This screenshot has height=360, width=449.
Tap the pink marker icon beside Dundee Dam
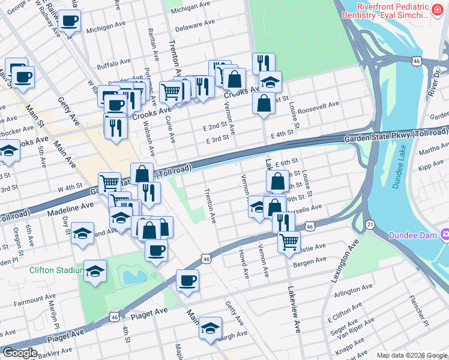tap(445, 233)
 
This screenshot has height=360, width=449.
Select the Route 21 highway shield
tap(370, 224)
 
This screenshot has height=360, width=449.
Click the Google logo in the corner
tap(20, 353)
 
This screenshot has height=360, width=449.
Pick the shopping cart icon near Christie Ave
tap(289, 242)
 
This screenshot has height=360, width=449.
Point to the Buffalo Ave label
tap(114, 62)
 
